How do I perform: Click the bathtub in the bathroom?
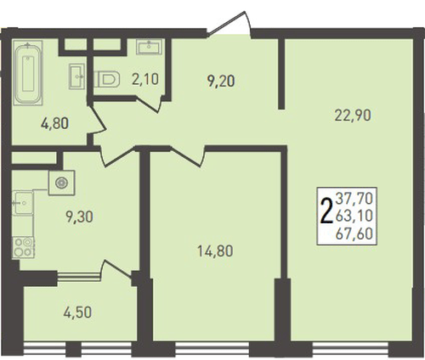point(28,73)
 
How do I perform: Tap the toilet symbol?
point(107,79)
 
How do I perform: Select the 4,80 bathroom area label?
point(54,124)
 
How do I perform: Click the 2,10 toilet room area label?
point(145,79)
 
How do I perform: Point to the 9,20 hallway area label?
point(221,81)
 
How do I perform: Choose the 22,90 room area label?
point(353,115)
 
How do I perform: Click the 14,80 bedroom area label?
point(215,251)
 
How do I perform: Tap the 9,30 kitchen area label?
point(79,217)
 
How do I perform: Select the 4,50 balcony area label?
point(77,312)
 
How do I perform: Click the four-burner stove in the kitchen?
point(23,248)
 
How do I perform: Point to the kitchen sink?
point(23,203)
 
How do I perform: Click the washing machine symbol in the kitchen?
point(61,183)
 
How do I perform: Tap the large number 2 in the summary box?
point(326,211)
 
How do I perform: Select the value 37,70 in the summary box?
point(354,198)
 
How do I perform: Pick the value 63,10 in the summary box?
point(354,216)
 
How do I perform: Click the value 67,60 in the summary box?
point(354,234)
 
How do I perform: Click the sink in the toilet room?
point(149,47)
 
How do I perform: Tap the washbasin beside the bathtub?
point(76,76)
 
